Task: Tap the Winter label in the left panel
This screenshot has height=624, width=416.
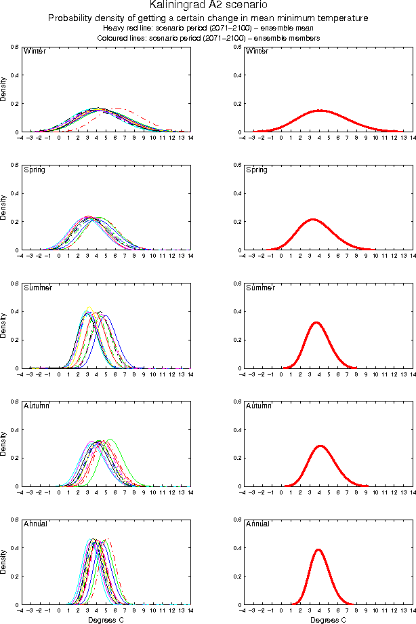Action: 35,52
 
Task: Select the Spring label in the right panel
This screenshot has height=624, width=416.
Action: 257,170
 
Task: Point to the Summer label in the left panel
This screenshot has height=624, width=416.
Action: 38,288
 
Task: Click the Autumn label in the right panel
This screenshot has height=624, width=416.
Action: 259,406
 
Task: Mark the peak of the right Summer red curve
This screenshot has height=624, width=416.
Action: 315,322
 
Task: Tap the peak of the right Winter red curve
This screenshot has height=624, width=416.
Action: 319,110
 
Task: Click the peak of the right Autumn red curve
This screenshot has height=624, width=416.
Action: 320,446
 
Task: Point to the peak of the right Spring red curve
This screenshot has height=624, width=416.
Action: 312,219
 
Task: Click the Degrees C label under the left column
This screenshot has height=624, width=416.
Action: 106,620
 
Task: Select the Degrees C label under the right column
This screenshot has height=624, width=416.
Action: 328,620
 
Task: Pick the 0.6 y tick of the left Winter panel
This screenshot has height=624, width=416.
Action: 14,46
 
